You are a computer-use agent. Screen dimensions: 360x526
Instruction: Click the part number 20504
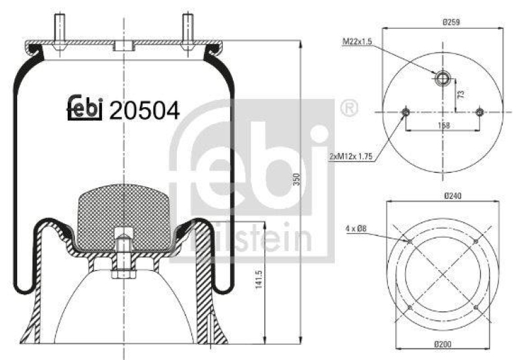(144, 110)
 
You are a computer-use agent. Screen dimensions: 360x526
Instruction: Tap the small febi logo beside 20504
(85, 109)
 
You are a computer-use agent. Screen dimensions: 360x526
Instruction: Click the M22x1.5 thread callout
(357, 41)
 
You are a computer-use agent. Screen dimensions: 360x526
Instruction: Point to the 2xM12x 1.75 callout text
(354, 157)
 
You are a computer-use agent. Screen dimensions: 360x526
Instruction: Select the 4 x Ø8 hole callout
(355, 229)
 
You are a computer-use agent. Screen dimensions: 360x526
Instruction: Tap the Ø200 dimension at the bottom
(450, 346)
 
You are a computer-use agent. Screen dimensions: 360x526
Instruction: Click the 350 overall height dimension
(296, 179)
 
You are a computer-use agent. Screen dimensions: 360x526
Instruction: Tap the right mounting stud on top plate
(187, 30)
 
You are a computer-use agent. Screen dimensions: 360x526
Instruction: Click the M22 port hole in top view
(442, 80)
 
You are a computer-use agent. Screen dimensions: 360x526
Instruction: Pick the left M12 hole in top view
(405, 112)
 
